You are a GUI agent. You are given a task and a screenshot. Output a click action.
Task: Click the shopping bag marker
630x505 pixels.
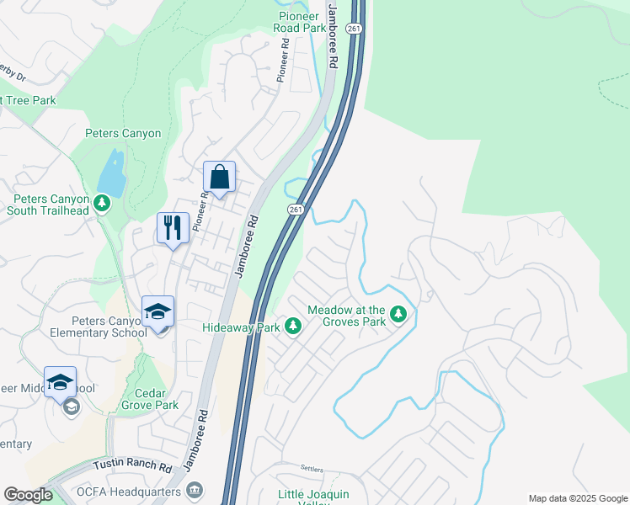coord(219,178)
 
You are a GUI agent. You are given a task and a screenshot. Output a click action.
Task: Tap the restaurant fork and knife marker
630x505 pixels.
coord(174,228)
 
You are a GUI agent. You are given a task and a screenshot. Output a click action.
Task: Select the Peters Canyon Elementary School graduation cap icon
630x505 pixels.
coord(157,312)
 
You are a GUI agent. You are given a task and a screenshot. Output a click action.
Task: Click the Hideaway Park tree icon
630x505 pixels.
coord(293,326)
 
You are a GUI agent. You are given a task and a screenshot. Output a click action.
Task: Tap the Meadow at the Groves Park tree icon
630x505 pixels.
coord(399,316)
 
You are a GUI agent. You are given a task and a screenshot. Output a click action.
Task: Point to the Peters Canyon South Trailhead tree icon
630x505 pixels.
coord(102,203)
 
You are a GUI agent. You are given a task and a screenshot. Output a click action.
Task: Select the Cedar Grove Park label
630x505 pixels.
coord(156,399)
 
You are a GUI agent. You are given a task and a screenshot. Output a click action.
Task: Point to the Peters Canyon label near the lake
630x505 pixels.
coord(123,133)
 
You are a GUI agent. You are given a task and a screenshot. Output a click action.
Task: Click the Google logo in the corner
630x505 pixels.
coord(28,495)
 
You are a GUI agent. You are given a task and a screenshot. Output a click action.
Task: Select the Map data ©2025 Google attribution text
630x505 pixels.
coord(577,498)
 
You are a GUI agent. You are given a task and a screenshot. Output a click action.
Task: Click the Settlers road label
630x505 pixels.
coord(312,467)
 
